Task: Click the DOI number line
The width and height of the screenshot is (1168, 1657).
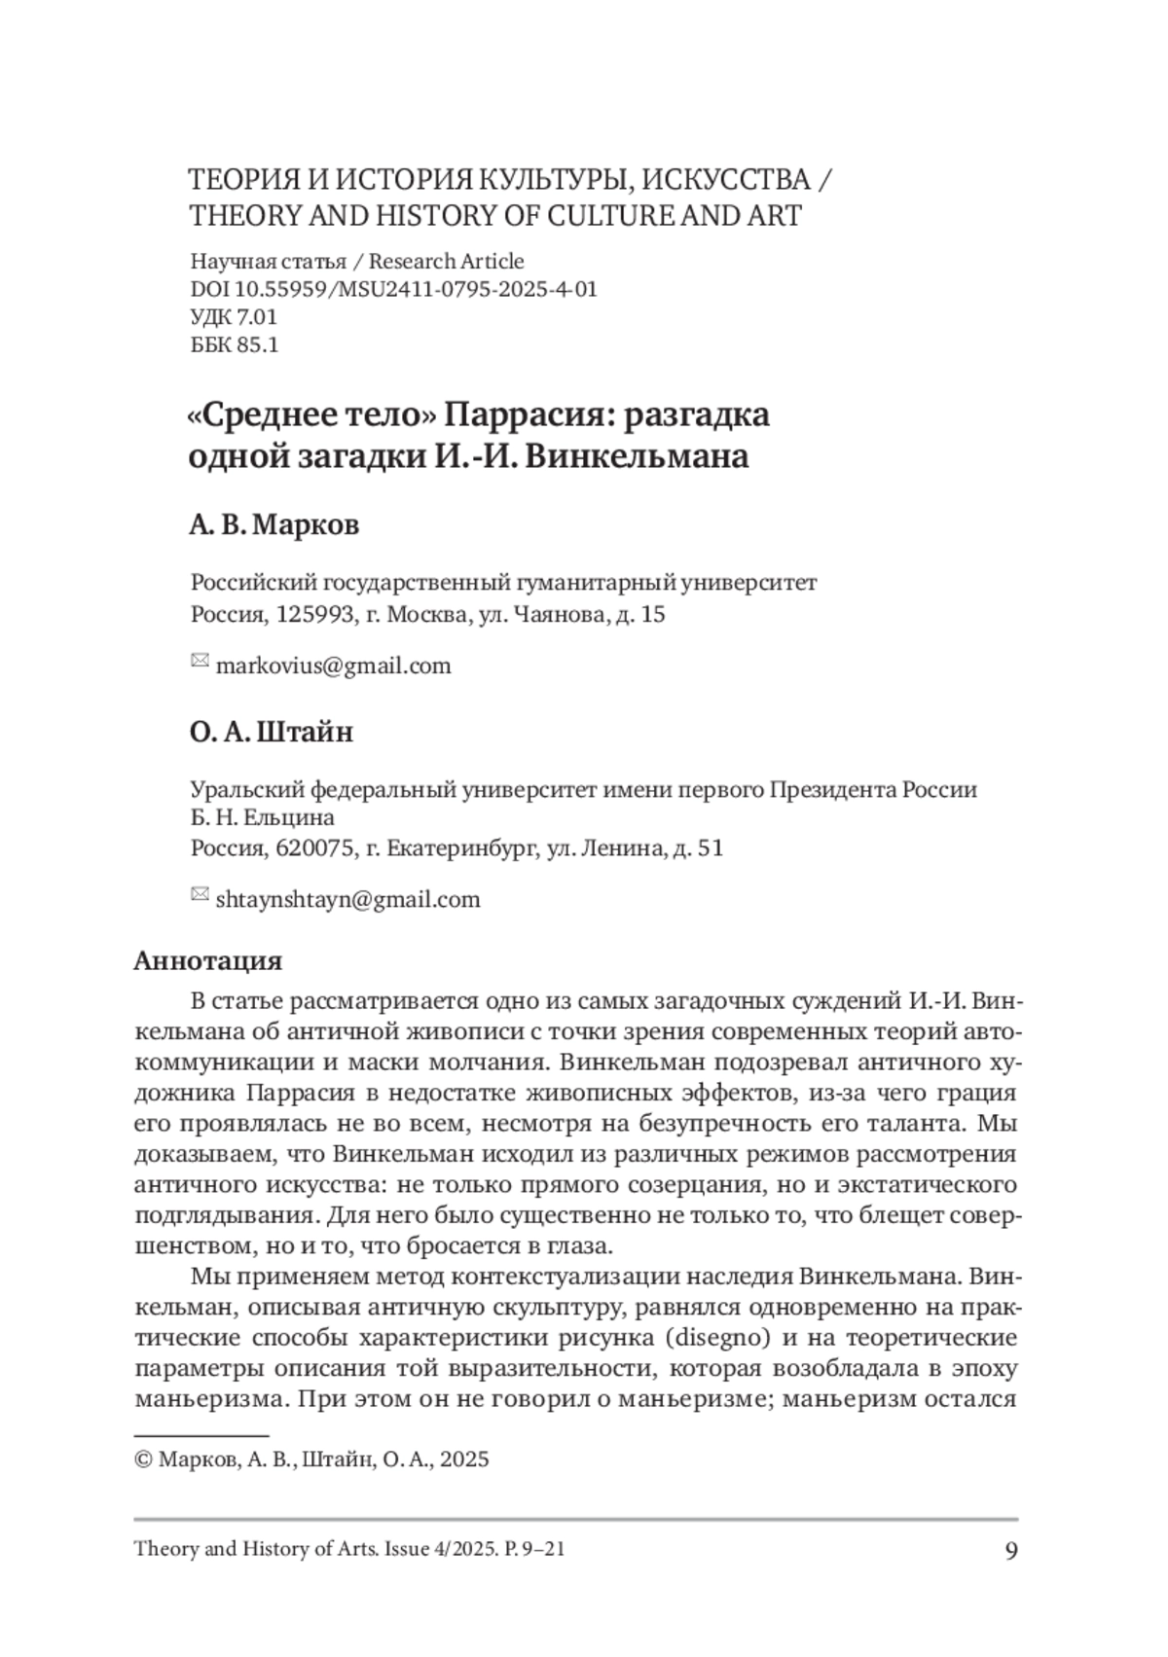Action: click(393, 289)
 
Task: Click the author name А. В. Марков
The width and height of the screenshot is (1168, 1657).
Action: click(274, 524)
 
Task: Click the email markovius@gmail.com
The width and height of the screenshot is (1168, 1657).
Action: click(333, 666)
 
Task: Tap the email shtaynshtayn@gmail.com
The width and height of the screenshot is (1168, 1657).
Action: click(347, 899)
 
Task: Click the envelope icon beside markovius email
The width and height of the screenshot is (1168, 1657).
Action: click(199, 662)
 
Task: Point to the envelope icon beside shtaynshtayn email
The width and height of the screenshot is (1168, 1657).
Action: click(199, 894)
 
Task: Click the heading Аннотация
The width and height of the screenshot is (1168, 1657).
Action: click(207, 960)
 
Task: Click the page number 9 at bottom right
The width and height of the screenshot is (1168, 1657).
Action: click(1010, 1550)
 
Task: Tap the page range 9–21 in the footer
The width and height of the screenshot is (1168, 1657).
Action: click(544, 1548)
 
